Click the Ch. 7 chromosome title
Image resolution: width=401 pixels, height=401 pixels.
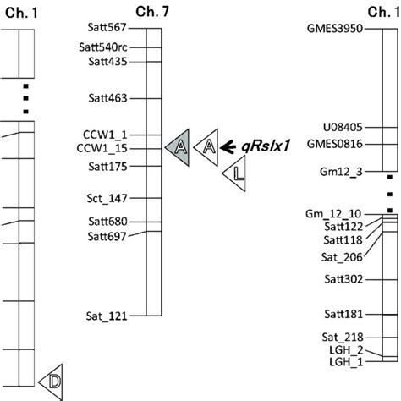point(152,12)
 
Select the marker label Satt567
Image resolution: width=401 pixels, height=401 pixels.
point(107,27)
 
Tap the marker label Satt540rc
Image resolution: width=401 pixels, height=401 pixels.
point(103,47)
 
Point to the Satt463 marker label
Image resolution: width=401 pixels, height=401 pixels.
point(107,98)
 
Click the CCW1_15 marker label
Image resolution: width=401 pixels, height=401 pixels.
point(102,149)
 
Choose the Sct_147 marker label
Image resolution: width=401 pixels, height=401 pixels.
point(107,198)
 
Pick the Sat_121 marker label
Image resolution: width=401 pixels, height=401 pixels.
point(107,316)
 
